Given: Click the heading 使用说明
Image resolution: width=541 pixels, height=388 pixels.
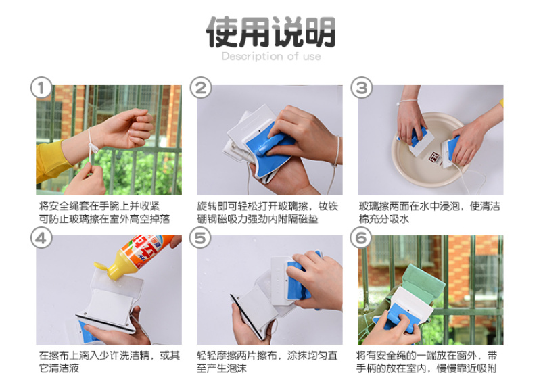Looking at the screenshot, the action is (x=270, y=32).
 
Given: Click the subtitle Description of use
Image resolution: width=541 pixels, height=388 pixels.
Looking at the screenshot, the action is (x=271, y=56).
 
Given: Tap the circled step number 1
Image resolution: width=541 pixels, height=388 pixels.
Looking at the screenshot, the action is (x=41, y=88).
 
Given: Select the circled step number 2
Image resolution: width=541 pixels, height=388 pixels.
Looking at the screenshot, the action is (x=201, y=88).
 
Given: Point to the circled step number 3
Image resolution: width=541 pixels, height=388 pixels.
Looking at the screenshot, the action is (x=362, y=88).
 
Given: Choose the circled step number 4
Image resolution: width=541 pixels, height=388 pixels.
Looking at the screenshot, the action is (x=41, y=238).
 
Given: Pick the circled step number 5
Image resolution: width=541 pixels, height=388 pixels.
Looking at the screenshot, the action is (x=200, y=238).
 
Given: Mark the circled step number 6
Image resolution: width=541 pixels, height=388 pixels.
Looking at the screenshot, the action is (x=361, y=238).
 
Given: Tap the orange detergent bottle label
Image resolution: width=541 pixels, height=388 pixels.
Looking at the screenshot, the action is (x=145, y=251).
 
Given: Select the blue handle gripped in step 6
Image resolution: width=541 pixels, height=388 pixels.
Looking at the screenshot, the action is (x=396, y=318).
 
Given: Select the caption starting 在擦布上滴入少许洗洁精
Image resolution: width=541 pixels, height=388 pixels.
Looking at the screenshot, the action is (x=109, y=362).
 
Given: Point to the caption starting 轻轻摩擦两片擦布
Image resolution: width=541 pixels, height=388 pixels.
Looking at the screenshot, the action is (x=266, y=362).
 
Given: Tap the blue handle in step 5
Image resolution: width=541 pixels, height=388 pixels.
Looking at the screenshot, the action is (x=298, y=281).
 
